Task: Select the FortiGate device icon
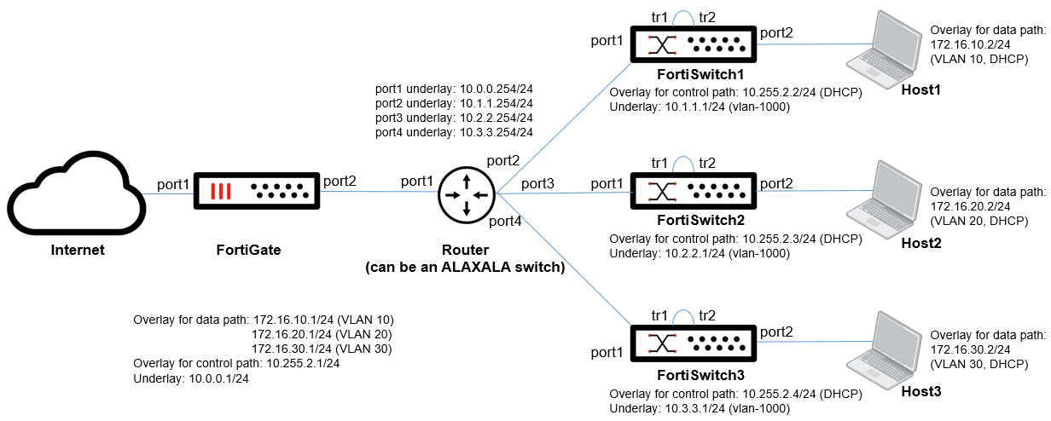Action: click(x=256, y=192)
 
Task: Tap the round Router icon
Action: click(x=467, y=193)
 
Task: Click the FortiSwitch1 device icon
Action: click(x=694, y=43)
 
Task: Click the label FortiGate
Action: click(x=247, y=250)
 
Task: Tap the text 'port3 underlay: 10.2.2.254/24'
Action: click(x=454, y=118)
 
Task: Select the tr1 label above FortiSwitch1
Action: click(x=659, y=17)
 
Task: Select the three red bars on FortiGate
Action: click(x=221, y=191)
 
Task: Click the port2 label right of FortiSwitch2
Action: click(x=776, y=183)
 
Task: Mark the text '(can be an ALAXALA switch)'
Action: click(x=465, y=267)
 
